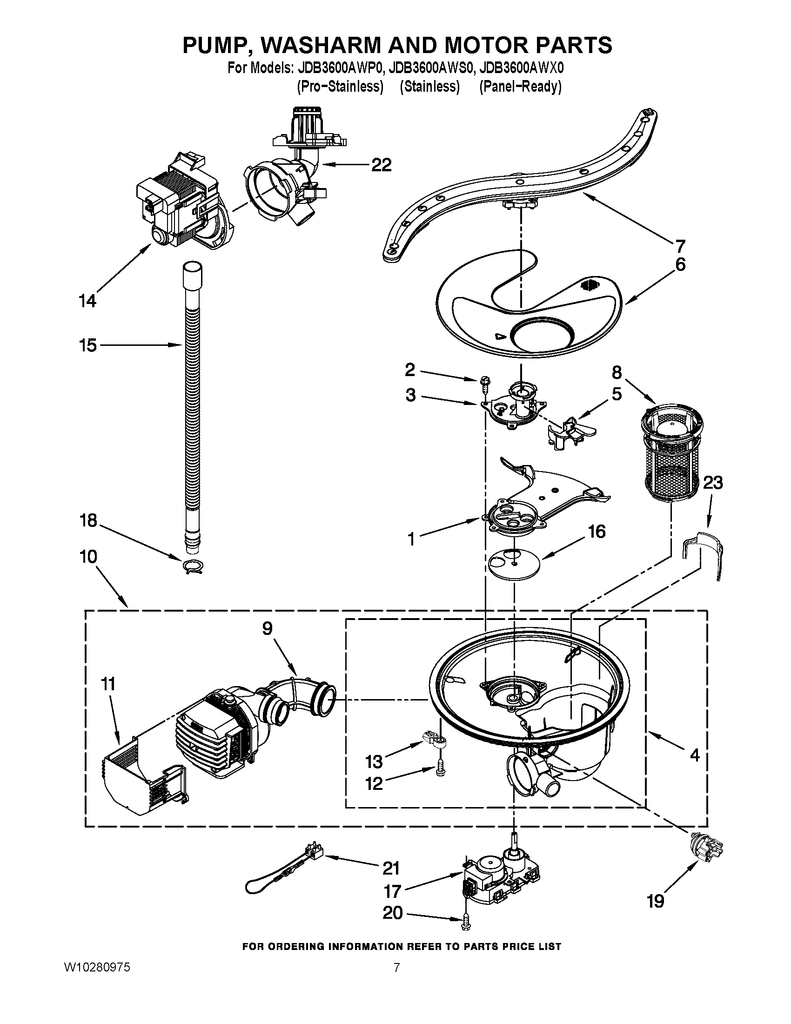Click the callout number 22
click(381, 165)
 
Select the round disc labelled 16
click(514, 565)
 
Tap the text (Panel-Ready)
click(520, 87)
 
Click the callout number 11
click(108, 684)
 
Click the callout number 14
click(87, 301)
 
